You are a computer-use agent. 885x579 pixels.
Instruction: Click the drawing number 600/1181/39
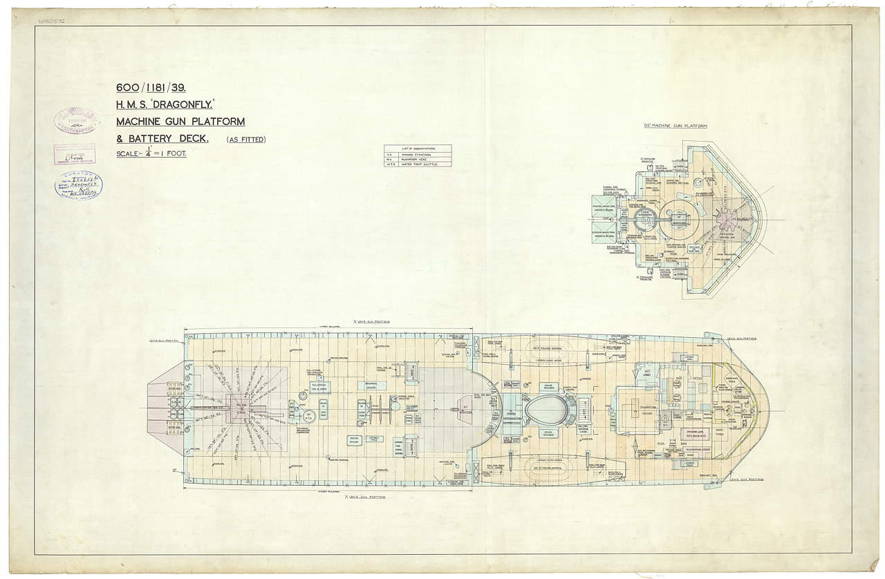click(x=151, y=88)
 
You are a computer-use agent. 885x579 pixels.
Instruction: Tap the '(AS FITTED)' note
click(x=246, y=140)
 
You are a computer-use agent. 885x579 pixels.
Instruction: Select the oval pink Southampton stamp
click(x=77, y=120)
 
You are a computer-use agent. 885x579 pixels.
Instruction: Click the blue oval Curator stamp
click(x=78, y=185)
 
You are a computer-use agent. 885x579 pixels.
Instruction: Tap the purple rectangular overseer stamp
click(x=75, y=154)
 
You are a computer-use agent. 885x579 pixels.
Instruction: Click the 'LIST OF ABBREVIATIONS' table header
click(x=418, y=148)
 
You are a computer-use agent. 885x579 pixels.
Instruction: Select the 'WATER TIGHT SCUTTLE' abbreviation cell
click(x=424, y=164)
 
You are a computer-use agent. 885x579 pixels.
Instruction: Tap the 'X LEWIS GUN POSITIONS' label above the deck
click(x=371, y=322)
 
